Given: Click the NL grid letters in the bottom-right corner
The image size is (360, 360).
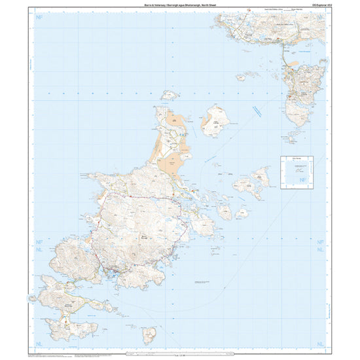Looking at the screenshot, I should click(321, 342).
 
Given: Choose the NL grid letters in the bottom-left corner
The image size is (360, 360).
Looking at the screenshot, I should click(39, 342).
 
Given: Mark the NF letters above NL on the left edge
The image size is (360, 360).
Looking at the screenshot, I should click(39, 241).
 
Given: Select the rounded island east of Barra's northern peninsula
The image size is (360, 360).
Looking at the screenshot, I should click(215, 121).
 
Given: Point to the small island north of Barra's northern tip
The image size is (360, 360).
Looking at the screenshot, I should click(171, 95).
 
